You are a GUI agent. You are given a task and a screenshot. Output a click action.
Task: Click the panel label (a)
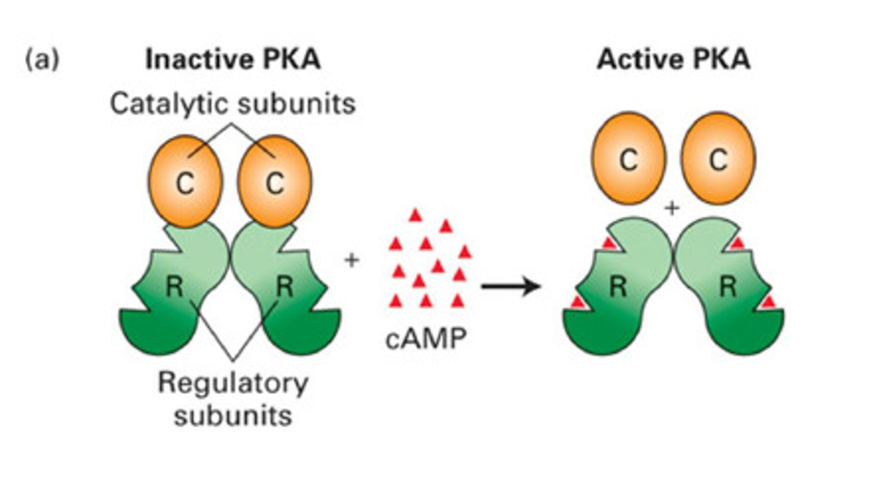(42, 61)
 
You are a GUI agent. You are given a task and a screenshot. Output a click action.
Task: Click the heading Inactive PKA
(232, 60)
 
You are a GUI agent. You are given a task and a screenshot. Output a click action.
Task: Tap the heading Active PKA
(673, 60)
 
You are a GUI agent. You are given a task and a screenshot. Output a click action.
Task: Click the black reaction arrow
(510, 286)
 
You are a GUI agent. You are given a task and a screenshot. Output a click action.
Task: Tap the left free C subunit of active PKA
(628, 159)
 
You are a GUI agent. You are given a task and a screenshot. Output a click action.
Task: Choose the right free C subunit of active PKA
(718, 159)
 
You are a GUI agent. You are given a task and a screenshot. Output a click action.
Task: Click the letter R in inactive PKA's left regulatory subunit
(175, 286)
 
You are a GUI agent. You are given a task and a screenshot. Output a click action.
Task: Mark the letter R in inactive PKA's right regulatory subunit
(284, 286)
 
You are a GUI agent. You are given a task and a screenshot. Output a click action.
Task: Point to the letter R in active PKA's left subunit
(618, 286)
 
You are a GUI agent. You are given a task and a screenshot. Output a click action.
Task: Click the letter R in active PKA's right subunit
(727, 286)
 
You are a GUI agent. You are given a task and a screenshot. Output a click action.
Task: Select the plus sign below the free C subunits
(672, 209)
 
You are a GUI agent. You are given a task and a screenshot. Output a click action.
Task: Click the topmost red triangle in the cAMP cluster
(415, 215)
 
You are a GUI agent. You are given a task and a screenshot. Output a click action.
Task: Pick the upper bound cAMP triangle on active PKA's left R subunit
(608, 244)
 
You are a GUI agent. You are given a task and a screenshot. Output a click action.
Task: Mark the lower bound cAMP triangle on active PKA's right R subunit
(769, 301)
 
